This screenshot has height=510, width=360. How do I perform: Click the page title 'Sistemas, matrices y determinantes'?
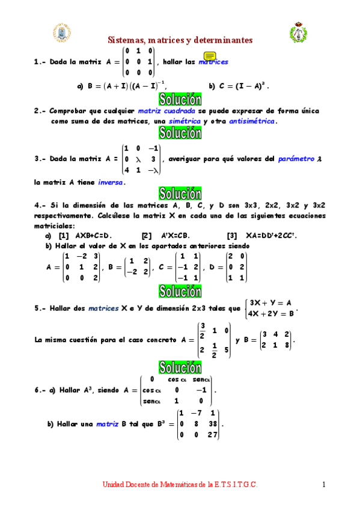pyautogui.click(x=180, y=40)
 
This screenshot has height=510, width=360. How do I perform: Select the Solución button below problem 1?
pyautogui.click(x=180, y=99)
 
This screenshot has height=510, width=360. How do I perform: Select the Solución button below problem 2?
pyautogui.click(x=180, y=134)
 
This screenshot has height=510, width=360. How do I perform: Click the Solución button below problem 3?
pyautogui.click(x=180, y=194)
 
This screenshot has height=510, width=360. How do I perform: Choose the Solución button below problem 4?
pyautogui.click(x=180, y=291)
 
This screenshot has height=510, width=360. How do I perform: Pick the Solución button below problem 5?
pyautogui.click(x=180, y=366)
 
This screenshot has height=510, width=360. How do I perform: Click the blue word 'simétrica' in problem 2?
pyautogui.click(x=185, y=121)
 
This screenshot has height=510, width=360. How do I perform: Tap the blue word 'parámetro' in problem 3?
pyautogui.click(x=296, y=159)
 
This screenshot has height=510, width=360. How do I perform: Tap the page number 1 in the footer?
pyautogui.click(x=323, y=484)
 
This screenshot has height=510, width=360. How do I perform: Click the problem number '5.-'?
pyautogui.click(x=41, y=308)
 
